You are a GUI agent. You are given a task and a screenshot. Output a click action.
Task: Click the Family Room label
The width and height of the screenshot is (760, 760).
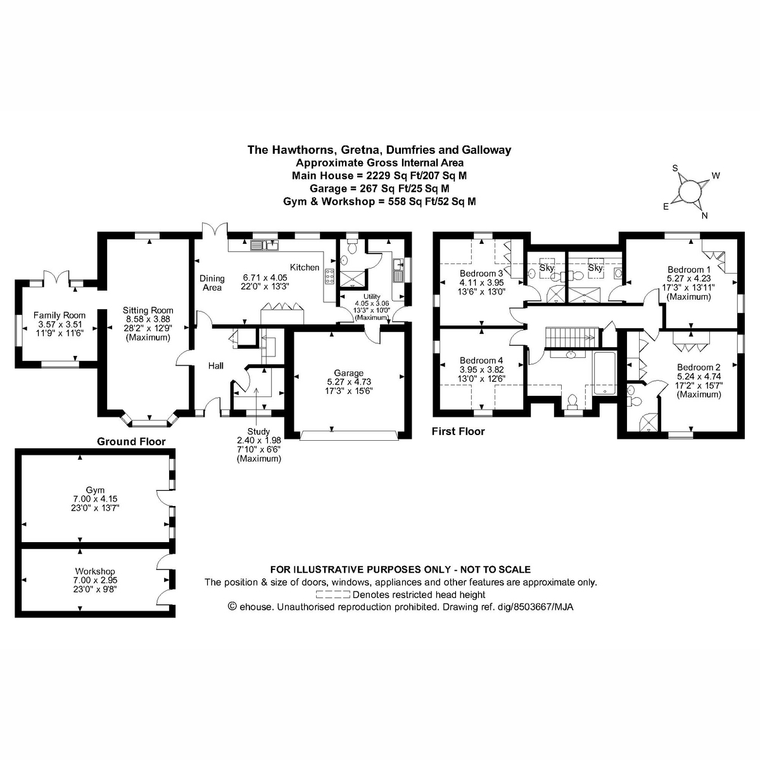[x=59, y=315]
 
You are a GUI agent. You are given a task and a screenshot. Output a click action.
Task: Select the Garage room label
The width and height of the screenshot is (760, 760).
[x=348, y=373]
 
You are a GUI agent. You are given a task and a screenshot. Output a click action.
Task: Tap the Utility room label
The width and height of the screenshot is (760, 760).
[x=372, y=296]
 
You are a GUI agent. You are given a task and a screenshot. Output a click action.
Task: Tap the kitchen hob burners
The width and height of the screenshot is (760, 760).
[x=330, y=276]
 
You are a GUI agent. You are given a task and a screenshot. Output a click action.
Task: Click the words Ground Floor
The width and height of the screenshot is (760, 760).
[x=131, y=441]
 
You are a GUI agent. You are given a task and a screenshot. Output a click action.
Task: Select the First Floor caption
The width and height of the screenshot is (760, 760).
[x=458, y=431]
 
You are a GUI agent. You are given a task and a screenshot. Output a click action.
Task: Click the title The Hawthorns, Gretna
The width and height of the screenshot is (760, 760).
[x=379, y=150]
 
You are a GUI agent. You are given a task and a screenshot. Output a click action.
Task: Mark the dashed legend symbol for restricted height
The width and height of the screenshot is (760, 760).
[x=332, y=595]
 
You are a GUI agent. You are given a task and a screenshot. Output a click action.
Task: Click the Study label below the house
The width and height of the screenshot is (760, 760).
[x=258, y=431]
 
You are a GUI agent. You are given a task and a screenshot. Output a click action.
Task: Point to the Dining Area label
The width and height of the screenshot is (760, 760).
[x=212, y=283]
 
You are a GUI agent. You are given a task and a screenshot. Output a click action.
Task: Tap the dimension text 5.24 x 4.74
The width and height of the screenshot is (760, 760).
[x=699, y=376]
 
